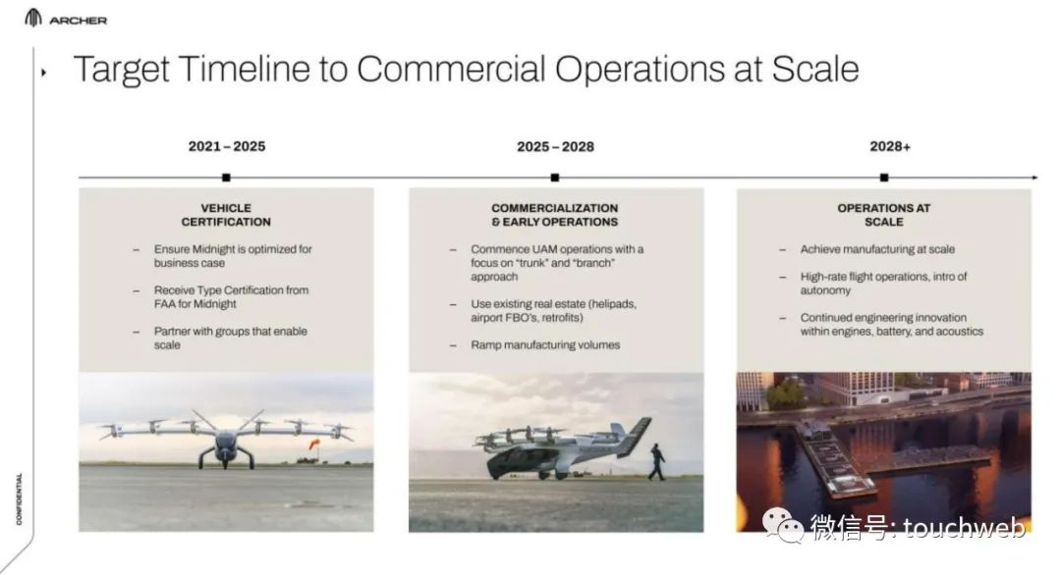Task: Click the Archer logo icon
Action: (33, 19)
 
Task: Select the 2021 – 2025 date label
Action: (227, 146)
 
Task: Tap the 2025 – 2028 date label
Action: (555, 146)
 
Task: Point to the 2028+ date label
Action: (890, 146)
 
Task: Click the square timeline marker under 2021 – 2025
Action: (226, 178)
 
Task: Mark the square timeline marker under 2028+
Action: (884, 178)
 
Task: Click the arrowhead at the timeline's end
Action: (1034, 178)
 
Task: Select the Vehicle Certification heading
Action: (226, 215)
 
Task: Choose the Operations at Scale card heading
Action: (884, 215)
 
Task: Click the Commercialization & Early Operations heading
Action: (555, 215)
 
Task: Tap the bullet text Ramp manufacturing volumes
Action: (545, 345)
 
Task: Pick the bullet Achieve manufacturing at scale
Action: (877, 249)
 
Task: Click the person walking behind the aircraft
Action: (656, 462)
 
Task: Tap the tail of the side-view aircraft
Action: (633, 436)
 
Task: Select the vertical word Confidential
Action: (19, 498)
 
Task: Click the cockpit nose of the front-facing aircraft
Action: (225, 448)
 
